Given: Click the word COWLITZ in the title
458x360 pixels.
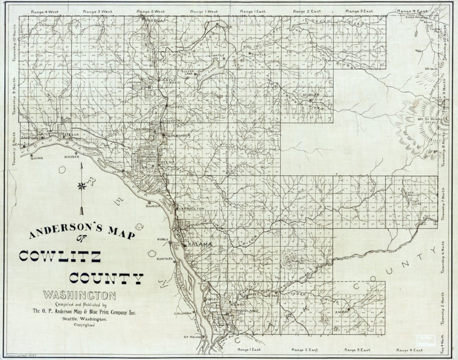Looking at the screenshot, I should (x=60, y=256).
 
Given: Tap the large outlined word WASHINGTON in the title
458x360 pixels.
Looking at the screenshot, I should (x=79, y=295).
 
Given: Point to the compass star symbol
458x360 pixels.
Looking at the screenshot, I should (x=82, y=186).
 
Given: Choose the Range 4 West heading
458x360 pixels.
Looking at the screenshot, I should (x=44, y=11).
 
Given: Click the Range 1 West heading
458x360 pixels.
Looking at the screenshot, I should (x=204, y=11).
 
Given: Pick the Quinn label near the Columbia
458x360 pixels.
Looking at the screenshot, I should (x=36, y=157).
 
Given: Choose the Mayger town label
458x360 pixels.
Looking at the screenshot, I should (x=72, y=157).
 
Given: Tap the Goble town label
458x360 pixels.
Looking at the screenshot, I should (x=163, y=239).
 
